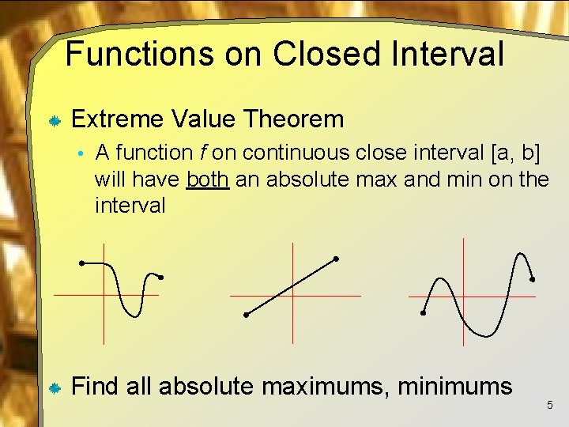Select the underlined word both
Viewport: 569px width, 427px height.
click(x=208, y=179)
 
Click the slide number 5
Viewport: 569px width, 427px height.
click(x=550, y=406)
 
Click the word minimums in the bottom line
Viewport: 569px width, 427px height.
click(x=455, y=387)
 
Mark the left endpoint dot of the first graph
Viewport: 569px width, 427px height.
click(x=81, y=263)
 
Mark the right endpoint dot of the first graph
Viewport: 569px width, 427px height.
click(x=160, y=278)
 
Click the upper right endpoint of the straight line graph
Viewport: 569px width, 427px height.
click(x=336, y=259)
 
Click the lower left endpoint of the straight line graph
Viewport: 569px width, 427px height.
click(x=246, y=315)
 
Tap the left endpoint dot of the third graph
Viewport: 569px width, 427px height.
click(x=423, y=313)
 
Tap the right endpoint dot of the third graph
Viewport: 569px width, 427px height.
click(x=533, y=279)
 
